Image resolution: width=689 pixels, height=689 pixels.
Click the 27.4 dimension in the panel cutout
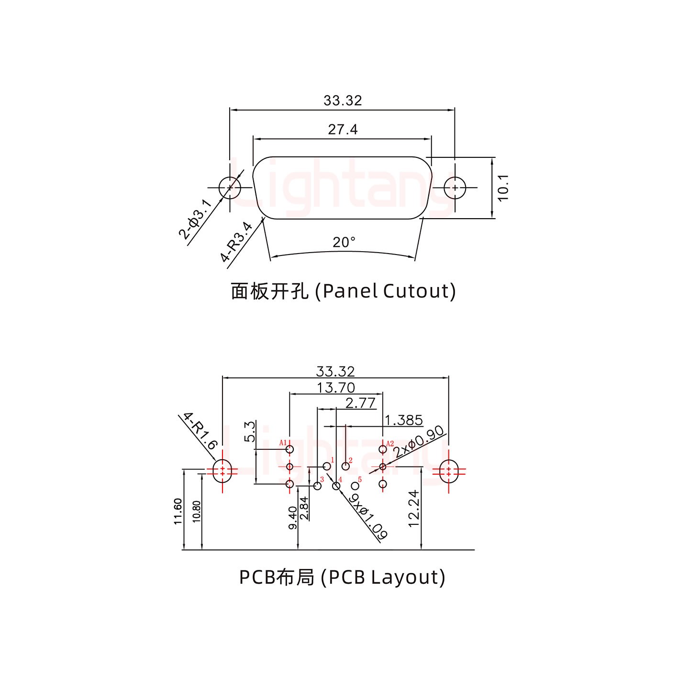343,130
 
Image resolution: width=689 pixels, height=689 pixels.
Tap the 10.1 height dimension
503,188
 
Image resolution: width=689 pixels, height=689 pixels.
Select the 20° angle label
344,243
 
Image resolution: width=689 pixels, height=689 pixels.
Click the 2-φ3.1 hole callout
195,220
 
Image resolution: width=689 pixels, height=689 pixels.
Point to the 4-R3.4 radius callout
236,242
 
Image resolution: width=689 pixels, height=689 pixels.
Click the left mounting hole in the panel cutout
230,188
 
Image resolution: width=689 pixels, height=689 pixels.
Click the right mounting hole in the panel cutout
455,188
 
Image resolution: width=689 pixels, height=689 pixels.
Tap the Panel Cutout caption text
343,291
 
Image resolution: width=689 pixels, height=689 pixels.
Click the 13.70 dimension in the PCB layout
336,388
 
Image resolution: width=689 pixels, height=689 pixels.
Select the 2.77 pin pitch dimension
360,403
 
